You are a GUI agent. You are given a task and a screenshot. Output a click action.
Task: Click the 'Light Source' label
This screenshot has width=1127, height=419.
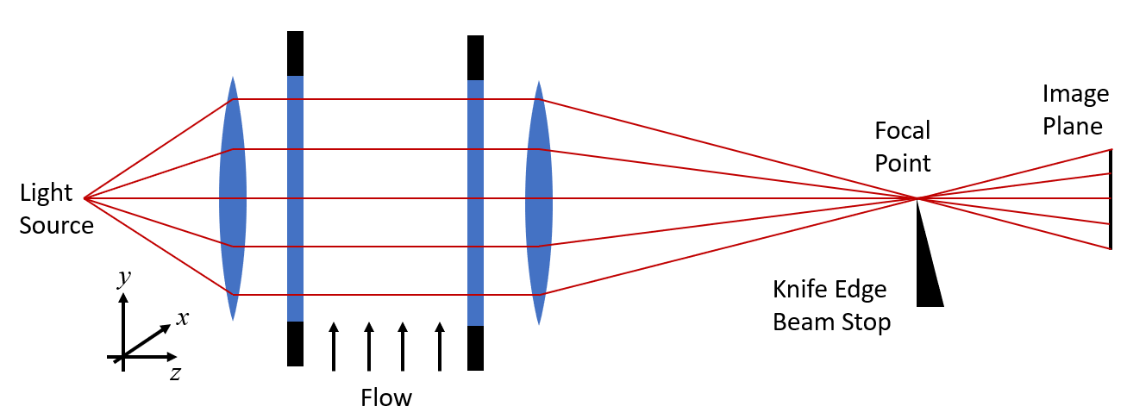pyautogui.click(x=56, y=209)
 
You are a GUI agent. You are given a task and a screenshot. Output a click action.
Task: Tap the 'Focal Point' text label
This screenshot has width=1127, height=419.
pyautogui.click(x=903, y=147)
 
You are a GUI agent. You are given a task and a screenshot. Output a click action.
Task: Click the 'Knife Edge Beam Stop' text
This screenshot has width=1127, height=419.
pyautogui.click(x=830, y=306)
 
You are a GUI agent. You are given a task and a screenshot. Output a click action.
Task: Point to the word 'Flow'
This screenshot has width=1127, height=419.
pyautogui.click(x=386, y=398)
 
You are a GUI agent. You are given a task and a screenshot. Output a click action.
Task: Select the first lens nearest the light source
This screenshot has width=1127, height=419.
pyautogui.click(x=233, y=198)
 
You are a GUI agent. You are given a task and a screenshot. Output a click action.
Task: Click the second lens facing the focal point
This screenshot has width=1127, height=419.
pyautogui.click(x=539, y=203)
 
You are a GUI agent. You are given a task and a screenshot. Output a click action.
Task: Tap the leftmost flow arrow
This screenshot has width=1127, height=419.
pyautogui.click(x=334, y=347)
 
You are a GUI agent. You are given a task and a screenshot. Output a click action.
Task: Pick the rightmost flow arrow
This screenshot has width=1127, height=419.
pyautogui.click(x=440, y=347)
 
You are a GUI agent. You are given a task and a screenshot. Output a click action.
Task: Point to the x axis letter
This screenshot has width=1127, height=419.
pyautogui.click(x=183, y=317)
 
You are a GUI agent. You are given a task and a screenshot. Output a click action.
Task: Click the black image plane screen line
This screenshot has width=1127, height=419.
pyautogui.click(x=1111, y=199)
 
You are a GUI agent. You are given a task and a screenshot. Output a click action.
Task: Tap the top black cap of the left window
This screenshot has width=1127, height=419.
pyautogui.click(x=295, y=53)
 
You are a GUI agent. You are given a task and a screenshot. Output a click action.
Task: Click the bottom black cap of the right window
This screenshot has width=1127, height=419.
pyautogui.click(x=475, y=347)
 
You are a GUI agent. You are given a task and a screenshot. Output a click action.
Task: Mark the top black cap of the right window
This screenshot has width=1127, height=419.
pyautogui.click(x=475, y=58)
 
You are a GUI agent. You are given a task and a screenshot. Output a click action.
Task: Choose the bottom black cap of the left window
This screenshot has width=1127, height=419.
pyautogui.click(x=295, y=343)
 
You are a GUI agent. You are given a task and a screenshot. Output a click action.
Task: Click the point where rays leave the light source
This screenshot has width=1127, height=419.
pyautogui.click(x=85, y=198)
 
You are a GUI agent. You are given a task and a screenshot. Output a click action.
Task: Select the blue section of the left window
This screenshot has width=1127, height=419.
pyautogui.click(x=295, y=198)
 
